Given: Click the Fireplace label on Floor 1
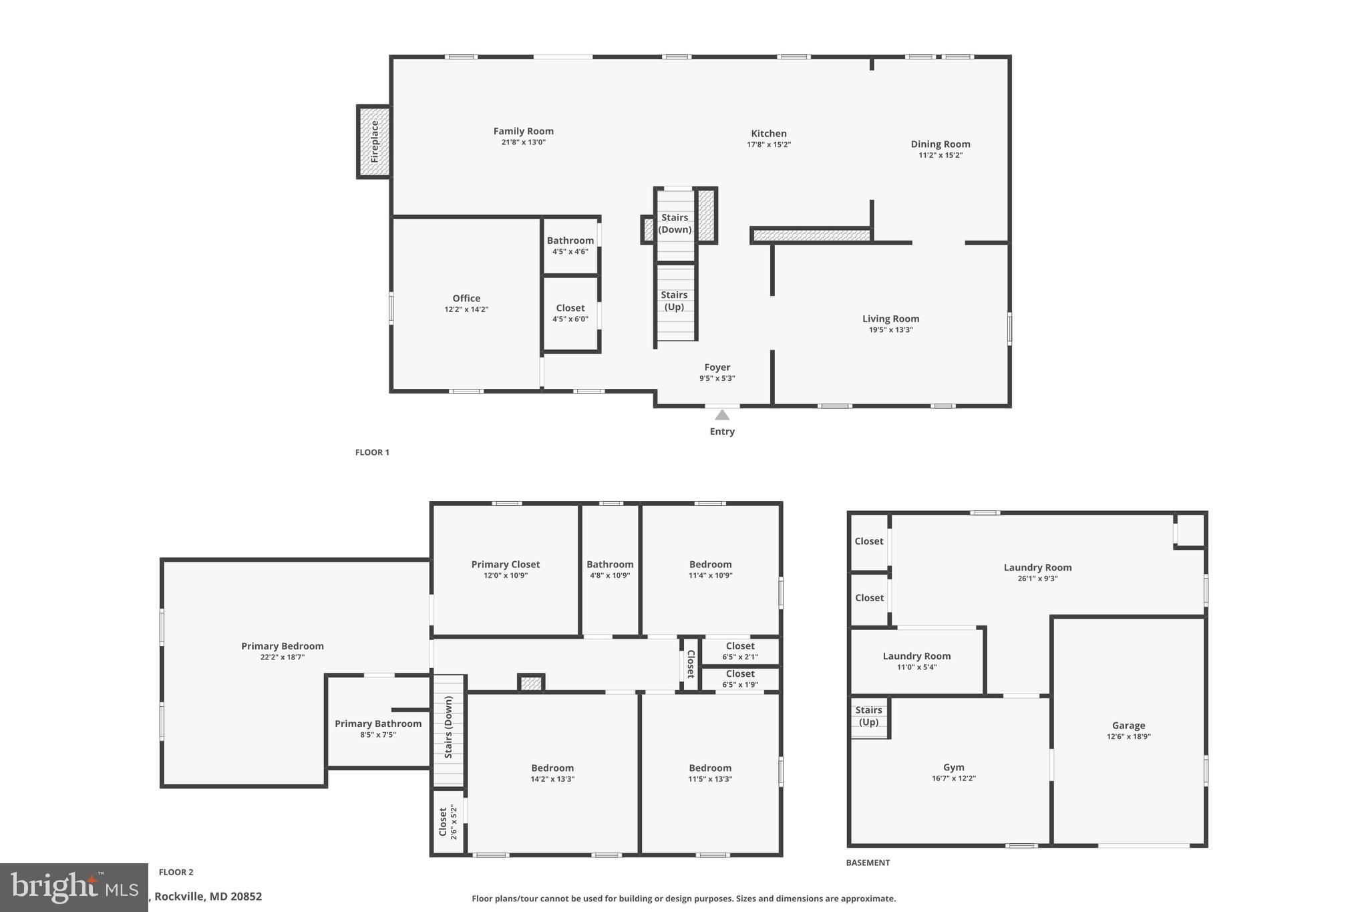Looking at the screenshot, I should click(x=375, y=142).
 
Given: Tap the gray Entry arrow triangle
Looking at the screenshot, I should click(x=722, y=415).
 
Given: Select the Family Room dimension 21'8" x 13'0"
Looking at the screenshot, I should click(x=523, y=142).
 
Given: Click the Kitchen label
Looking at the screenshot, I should click(x=768, y=134).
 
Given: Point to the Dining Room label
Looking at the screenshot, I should click(x=940, y=144).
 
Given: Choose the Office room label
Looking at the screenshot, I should click(x=466, y=299).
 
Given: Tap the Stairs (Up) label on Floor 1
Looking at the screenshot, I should click(x=674, y=301).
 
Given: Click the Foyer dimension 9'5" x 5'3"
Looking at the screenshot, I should click(x=717, y=378).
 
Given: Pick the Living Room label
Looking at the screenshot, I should click(x=890, y=319).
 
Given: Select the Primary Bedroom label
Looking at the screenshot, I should click(x=282, y=646).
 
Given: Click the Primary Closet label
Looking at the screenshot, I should click(x=505, y=565).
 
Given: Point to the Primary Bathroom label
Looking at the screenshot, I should click(x=378, y=724).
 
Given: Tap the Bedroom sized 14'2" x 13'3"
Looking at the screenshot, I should click(x=552, y=768).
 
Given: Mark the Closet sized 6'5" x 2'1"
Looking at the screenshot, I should click(x=740, y=646).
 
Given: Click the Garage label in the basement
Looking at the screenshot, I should click(x=1128, y=726).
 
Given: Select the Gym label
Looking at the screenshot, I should click(x=953, y=768).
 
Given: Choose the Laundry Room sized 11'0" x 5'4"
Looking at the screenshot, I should click(x=916, y=656).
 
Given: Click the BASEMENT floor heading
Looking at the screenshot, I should click(x=868, y=863).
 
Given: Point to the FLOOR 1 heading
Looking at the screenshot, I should click(x=372, y=452).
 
